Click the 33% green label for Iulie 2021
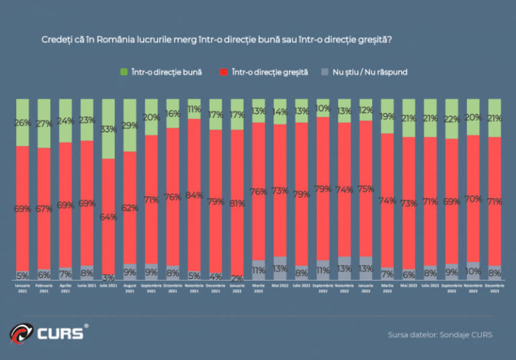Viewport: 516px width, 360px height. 108,130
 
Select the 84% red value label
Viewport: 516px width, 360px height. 194,195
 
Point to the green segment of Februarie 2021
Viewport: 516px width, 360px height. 44,123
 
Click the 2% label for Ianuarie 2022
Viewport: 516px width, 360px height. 236,277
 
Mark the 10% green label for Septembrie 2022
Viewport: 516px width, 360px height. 323,108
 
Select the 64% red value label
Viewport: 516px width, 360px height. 108,217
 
